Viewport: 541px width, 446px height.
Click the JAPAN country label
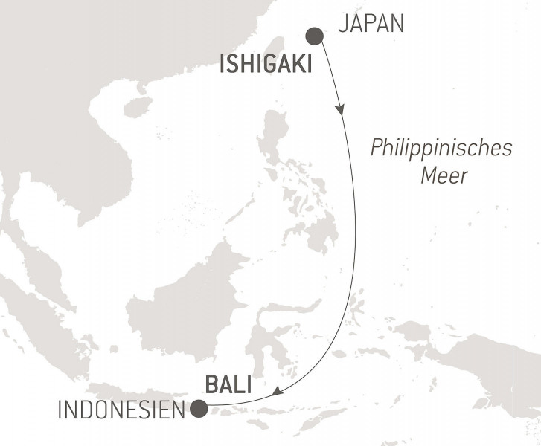tap(371, 25)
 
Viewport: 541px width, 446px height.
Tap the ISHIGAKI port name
tap(265, 67)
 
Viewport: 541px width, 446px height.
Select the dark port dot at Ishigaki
tap(315, 35)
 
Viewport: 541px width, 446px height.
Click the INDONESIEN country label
tap(118, 410)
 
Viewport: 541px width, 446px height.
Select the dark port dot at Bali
tap(199, 408)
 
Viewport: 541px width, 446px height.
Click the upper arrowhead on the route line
tap(341, 110)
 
